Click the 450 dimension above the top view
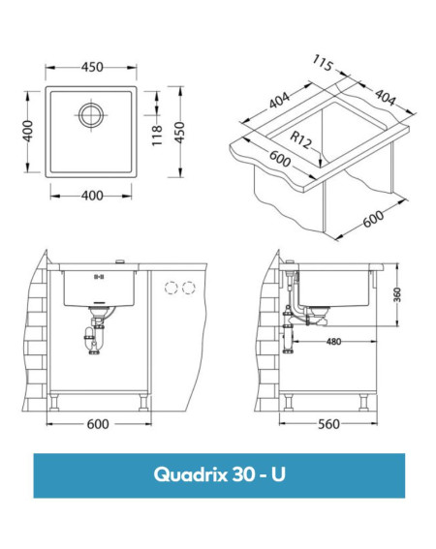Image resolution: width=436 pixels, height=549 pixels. [92, 67]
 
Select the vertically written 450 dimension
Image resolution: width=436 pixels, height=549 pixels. [179, 132]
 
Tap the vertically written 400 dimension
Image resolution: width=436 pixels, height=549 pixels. [27, 131]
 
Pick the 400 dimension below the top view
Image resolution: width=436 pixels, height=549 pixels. [92, 196]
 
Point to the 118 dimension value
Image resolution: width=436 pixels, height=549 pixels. [157, 136]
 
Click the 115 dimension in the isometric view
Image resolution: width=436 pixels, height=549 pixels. [323, 63]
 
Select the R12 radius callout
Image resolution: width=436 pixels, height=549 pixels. [300, 139]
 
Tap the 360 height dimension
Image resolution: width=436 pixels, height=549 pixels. [397, 294]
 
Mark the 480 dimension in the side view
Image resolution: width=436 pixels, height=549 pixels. [333, 342]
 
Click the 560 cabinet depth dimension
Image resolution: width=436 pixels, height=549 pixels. [328, 424]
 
